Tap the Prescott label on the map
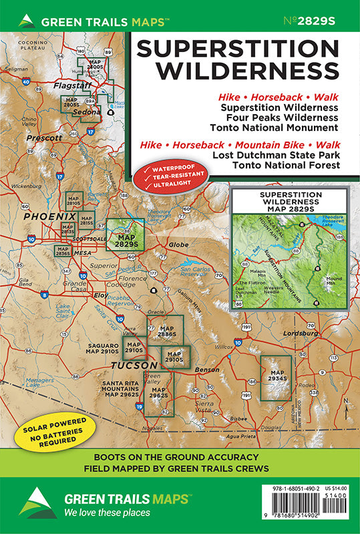pos(44,138)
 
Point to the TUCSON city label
pos(134,366)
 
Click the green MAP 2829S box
pos(126,234)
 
